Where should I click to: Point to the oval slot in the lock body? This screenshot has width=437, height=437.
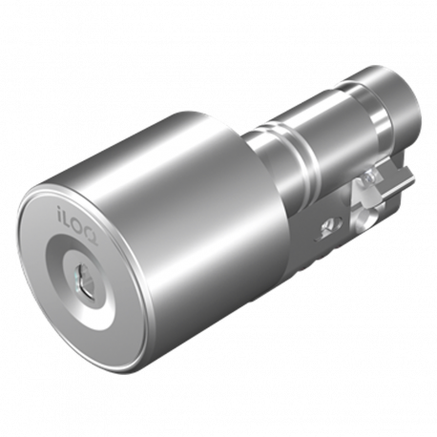[x=330, y=227]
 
